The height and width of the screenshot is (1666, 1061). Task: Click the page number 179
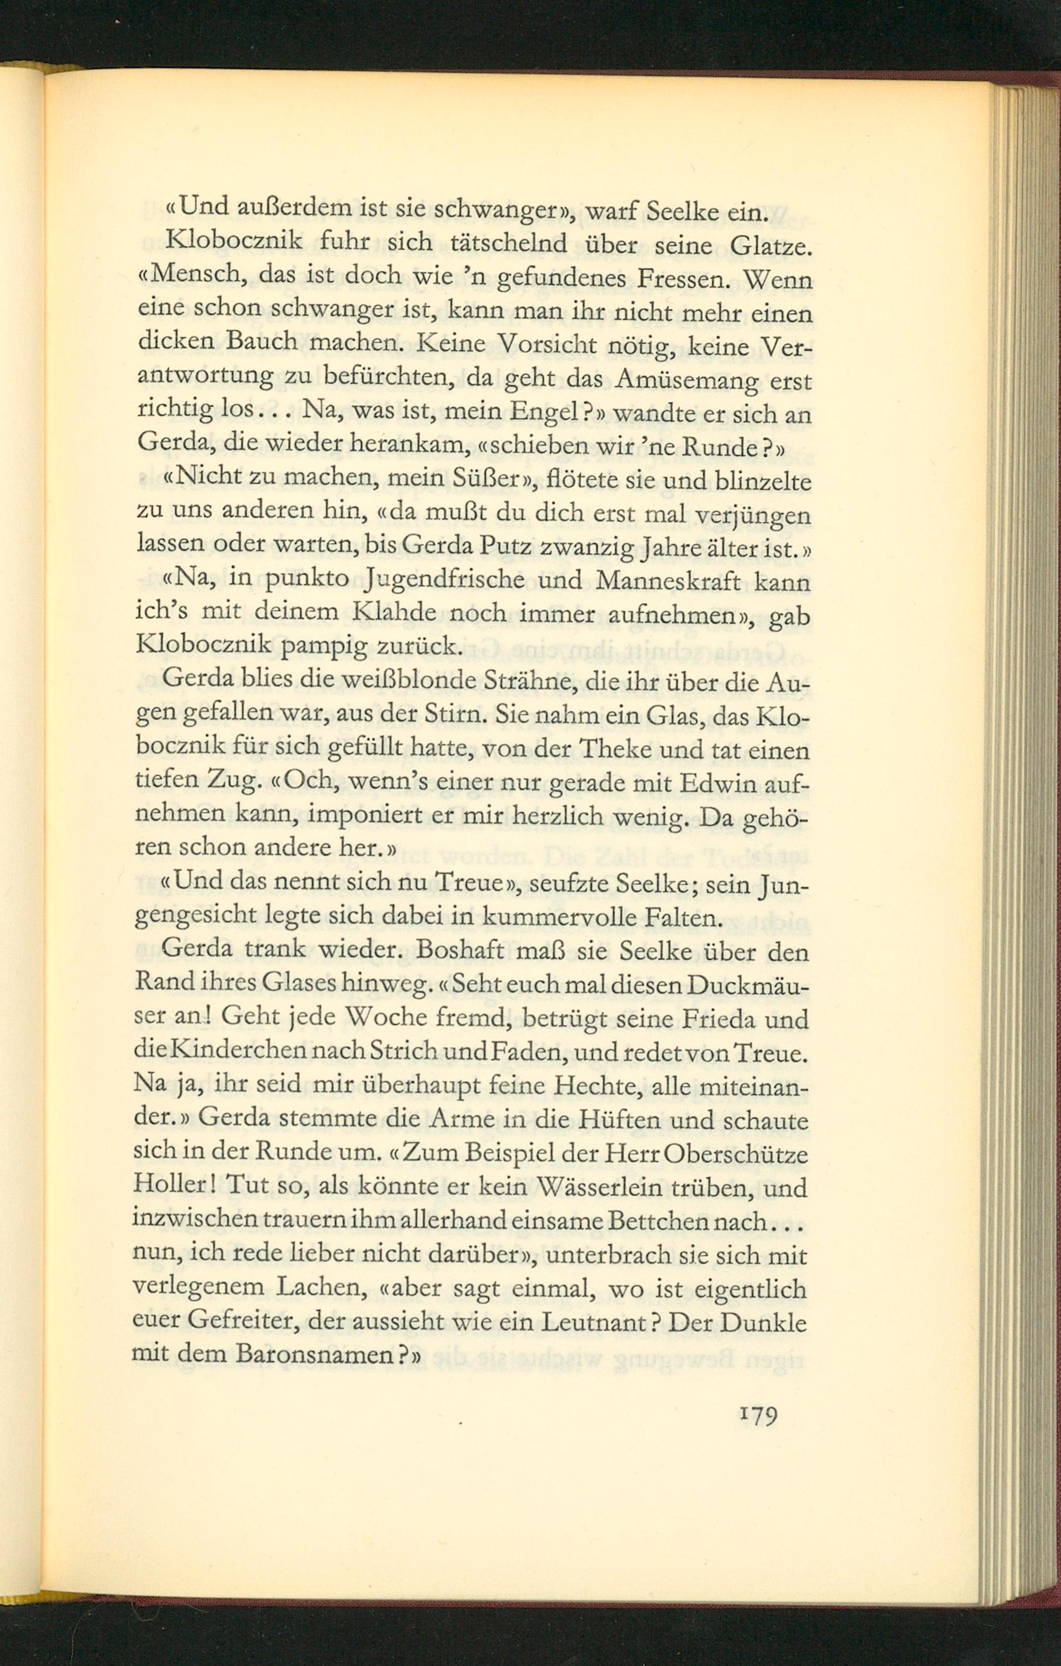tap(758, 1414)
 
